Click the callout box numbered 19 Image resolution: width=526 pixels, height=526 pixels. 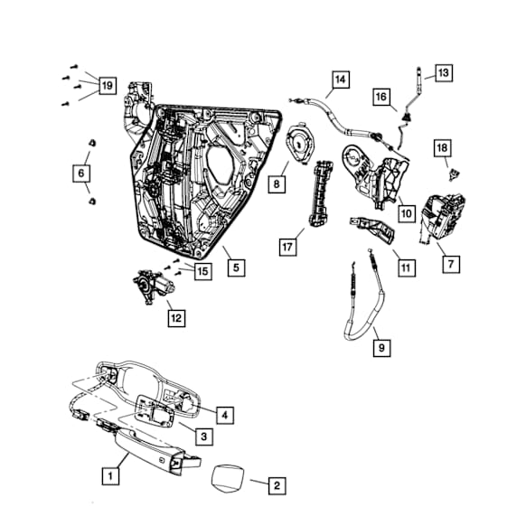pos(107,86)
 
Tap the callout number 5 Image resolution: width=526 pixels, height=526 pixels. pos(236,267)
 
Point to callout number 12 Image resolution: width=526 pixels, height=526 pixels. pos(175,317)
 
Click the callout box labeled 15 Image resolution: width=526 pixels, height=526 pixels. pos(202,270)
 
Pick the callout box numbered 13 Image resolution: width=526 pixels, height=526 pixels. pos(443,71)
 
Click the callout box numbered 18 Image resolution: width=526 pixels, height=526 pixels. pos(442,147)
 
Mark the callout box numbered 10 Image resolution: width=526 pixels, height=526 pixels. pos(406,212)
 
